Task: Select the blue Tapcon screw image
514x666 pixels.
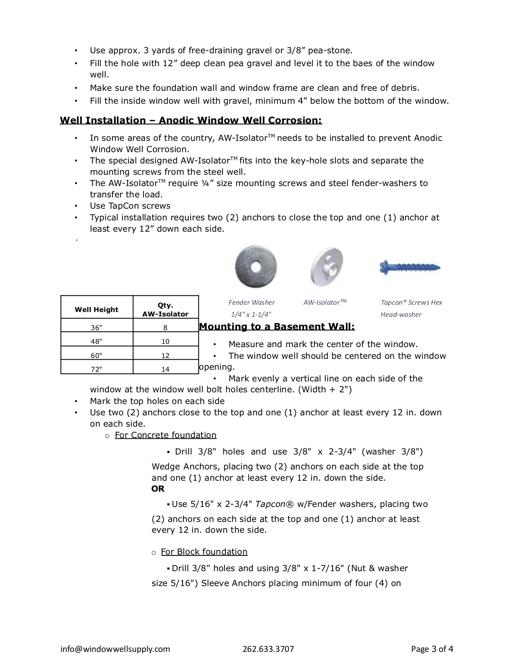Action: point(410,268)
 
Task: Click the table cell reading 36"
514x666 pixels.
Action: point(97,327)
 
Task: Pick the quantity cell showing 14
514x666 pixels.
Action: point(165,369)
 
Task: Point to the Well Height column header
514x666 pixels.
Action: point(97,310)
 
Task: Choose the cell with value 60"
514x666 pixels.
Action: point(97,356)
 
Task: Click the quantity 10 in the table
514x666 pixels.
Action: point(165,341)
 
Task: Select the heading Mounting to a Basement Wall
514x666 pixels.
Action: point(277,327)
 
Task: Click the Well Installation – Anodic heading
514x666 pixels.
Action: point(191,120)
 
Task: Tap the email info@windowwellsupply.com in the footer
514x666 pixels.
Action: point(115,649)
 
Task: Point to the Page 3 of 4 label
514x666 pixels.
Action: point(432,649)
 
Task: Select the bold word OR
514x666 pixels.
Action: point(158,489)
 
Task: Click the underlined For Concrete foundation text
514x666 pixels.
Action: point(166,435)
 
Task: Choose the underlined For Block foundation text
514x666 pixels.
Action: point(204,552)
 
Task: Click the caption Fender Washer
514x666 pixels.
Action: point(252,302)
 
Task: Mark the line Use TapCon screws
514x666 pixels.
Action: point(130,206)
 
